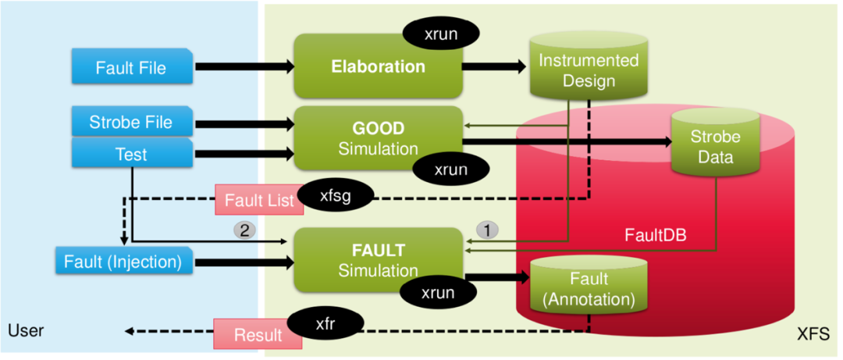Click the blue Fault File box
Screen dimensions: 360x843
tap(131, 67)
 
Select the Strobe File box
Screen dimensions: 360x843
tap(131, 122)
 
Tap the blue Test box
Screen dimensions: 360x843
tap(131, 153)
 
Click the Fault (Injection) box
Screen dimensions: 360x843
tap(123, 261)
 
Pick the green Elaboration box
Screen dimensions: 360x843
tap(378, 67)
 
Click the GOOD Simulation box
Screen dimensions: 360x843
tap(378, 137)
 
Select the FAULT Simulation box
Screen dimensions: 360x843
tap(378, 261)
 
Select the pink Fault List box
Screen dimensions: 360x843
tap(258, 201)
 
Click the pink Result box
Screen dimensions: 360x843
tap(258, 334)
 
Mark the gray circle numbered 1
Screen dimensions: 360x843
tap(486, 230)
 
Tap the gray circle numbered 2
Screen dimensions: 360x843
tap(244, 230)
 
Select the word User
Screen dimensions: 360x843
tap(26, 331)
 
